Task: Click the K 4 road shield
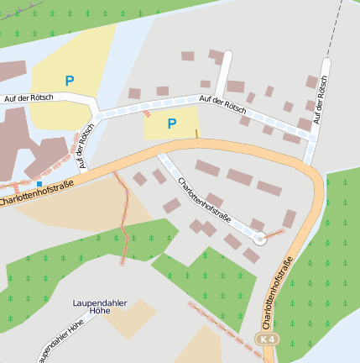coord(267,339)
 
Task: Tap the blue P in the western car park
coord(69,81)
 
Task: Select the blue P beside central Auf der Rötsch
coord(171,124)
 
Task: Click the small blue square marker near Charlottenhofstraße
coord(39,183)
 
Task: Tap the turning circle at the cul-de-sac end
coord(260,239)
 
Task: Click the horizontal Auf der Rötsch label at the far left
coord(29,98)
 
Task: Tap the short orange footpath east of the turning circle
coord(275,232)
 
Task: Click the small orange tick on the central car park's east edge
coord(197,133)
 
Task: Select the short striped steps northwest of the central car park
coord(148,113)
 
